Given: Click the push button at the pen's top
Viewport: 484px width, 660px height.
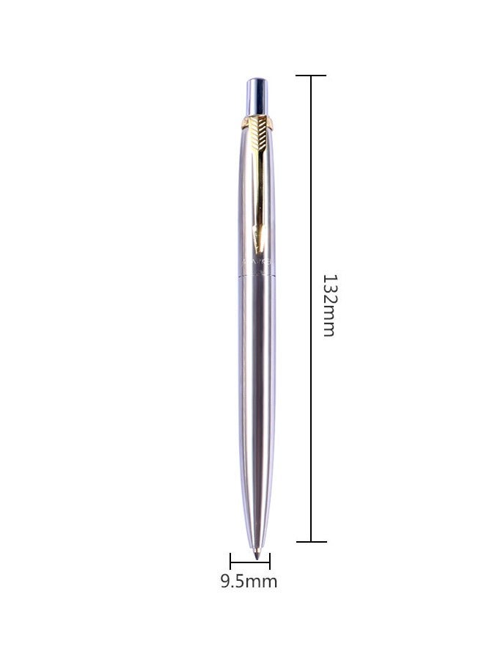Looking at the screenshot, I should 257,94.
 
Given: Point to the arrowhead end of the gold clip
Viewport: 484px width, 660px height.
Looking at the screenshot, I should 257,239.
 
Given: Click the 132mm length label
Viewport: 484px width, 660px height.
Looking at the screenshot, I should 329,305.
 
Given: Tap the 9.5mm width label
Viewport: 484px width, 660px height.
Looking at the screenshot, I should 249,582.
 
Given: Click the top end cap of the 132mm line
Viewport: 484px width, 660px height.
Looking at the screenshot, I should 311,76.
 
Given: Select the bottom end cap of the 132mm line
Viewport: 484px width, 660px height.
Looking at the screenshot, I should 311,542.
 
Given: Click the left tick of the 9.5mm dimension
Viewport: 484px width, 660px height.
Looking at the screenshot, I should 230,562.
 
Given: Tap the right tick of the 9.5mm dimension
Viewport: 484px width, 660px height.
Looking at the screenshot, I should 270,562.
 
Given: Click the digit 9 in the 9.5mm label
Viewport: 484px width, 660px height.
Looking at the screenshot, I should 226,582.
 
